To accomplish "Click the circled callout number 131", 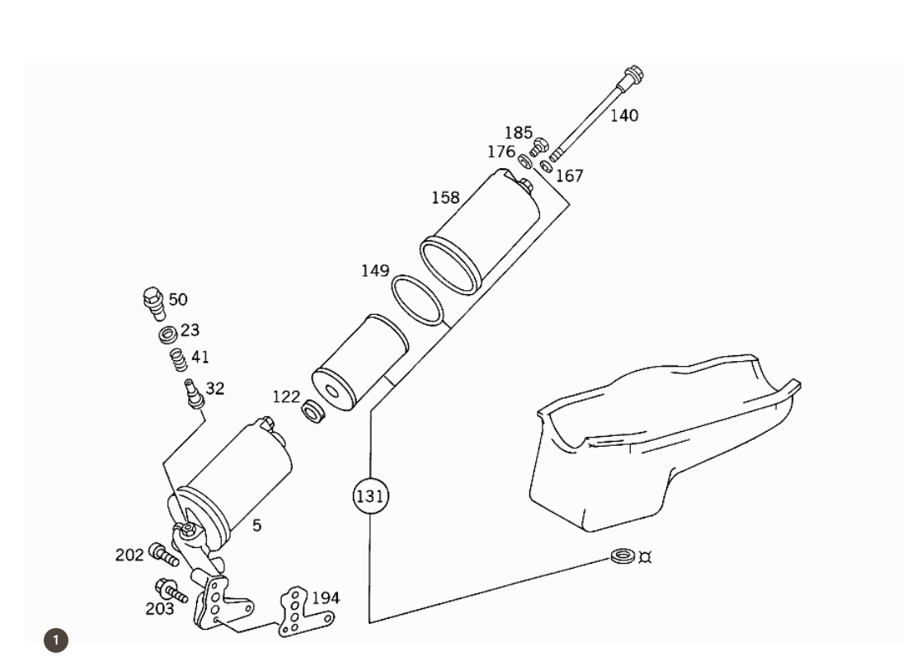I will pyautogui.click(x=370, y=496).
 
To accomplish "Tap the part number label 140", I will pyautogui.click(x=624, y=115).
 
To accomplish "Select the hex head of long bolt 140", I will pyautogui.click(x=634, y=76).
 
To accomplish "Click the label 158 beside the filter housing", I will pyautogui.click(x=445, y=198).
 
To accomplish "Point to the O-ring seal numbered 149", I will pyautogui.click(x=416, y=301).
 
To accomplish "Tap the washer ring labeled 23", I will pyautogui.click(x=168, y=335).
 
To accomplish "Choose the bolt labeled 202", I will pyautogui.click(x=163, y=555).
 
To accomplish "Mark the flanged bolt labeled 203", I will pyautogui.click(x=171, y=590).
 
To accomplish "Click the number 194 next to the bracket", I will pyautogui.click(x=325, y=598).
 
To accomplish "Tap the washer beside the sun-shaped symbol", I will pyautogui.click(x=623, y=556).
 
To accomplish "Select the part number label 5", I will pyautogui.click(x=257, y=525).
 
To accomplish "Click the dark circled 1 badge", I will pyautogui.click(x=55, y=640).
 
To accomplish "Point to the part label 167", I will pyautogui.click(x=569, y=176).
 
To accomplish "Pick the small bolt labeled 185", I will pyautogui.click(x=538, y=148).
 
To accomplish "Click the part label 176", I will pyautogui.click(x=500, y=152).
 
